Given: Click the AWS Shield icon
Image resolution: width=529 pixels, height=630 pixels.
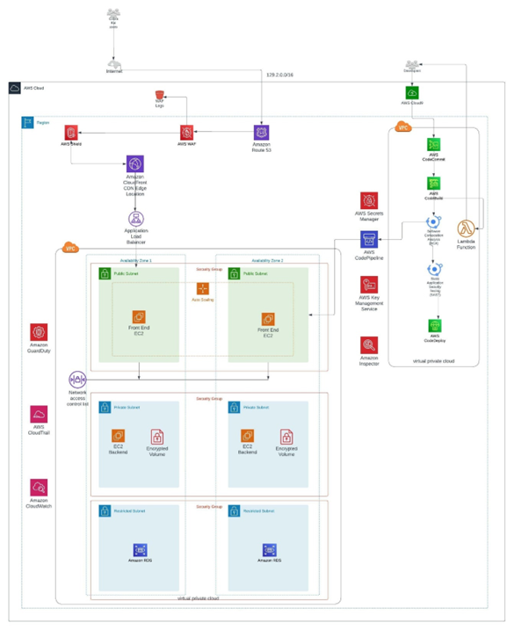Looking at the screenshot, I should coord(70,133).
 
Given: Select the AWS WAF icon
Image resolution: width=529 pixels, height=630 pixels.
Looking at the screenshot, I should coord(186,133).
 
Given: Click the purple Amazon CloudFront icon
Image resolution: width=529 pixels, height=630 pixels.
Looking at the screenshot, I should coord(134,164).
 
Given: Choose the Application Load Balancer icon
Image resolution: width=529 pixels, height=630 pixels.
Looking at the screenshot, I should coord(134,218).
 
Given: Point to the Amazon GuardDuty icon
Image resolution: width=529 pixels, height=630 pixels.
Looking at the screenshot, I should coord(39,331).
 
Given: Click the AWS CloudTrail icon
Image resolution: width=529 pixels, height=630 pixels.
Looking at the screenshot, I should coord(39,414).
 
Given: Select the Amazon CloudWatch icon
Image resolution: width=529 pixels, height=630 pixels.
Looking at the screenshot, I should coord(39,487).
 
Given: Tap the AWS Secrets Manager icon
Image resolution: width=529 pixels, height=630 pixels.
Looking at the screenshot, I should coord(368,201).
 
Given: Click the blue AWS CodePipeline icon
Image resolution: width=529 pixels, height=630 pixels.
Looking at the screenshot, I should coord(368,240).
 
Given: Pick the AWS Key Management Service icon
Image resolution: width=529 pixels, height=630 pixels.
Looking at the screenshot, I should coord(368,285).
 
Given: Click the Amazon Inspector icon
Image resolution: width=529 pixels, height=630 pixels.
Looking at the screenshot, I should coord(368,345).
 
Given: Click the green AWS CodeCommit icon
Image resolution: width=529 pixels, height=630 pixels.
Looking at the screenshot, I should coord(434,144).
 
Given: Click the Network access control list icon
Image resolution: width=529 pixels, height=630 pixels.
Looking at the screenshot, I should coord(77,380).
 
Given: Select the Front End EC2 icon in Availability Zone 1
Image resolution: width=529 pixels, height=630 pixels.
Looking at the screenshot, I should coord(138,316).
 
